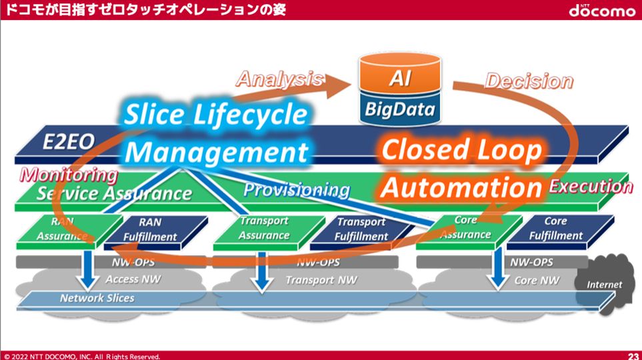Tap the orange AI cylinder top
401,77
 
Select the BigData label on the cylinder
401,108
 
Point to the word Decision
529,81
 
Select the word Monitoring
68,175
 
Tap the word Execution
590,186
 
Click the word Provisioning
296,190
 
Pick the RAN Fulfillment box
150,229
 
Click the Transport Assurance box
264,228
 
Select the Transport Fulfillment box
360,229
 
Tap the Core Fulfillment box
555,228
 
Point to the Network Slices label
97,298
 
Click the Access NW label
133,279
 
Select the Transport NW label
321,280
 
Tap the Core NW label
537,280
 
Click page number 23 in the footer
633,355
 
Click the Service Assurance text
114,194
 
